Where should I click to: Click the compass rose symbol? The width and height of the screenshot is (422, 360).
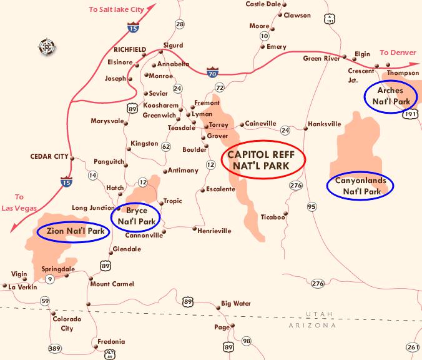(47, 46)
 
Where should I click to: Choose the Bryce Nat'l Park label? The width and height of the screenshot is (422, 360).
(136, 216)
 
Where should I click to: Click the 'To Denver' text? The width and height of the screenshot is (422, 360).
(398, 52)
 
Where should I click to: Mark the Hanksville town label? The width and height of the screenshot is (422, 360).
(324, 124)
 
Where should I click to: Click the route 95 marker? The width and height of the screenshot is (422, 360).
(312, 206)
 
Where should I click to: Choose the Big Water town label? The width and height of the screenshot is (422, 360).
(236, 304)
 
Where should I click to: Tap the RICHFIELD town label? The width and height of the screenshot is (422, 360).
(130, 49)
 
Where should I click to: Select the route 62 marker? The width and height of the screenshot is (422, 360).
(166, 147)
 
